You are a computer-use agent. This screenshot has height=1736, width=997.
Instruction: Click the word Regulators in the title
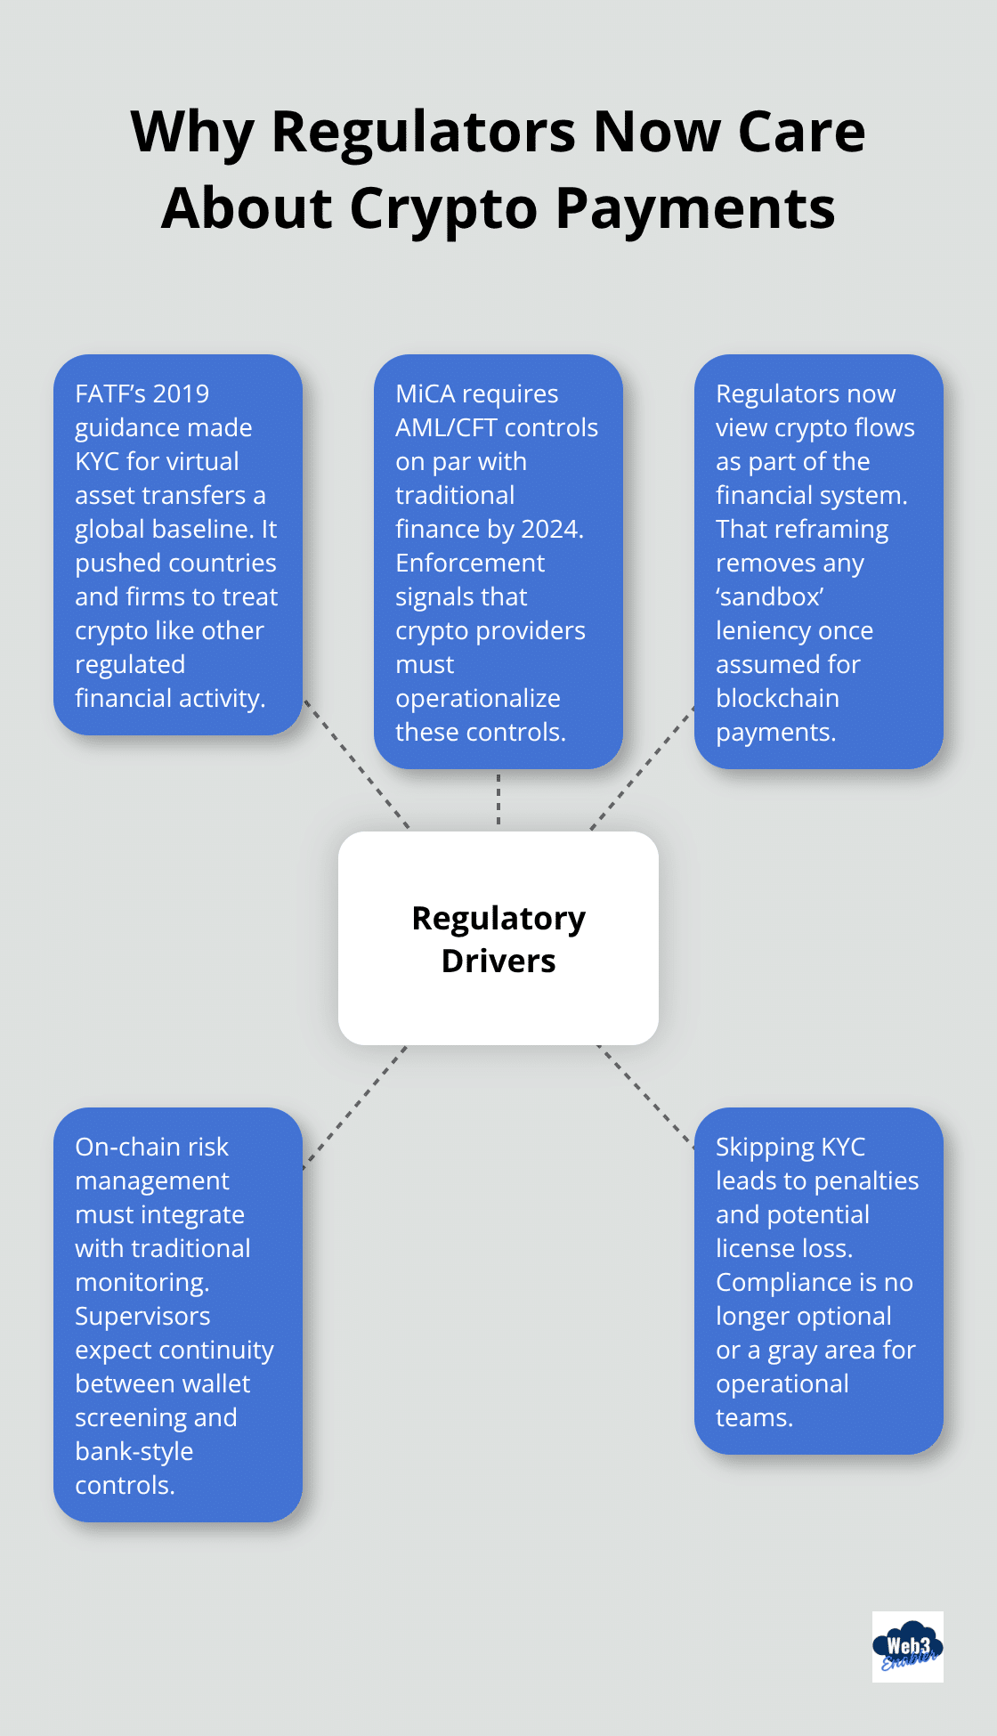[x=423, y=132]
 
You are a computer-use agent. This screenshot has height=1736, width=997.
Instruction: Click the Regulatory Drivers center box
[x=498, y=938]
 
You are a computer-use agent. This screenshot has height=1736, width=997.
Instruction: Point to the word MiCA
[x=426, y=393]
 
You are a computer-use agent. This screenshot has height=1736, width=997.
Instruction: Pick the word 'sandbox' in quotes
[x=770, y=596]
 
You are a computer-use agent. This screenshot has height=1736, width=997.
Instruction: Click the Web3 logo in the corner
[x=907, y=1646]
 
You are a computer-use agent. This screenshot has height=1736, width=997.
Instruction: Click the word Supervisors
[x=142, y=1316]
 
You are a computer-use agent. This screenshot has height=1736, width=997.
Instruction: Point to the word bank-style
[x=134, y=1451]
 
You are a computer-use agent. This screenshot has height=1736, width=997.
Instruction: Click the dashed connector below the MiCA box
[x=498, y=799]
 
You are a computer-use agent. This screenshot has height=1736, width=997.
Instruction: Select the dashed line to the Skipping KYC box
[x=645, y=1096]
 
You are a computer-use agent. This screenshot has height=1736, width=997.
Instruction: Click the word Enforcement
[x=470, y=563]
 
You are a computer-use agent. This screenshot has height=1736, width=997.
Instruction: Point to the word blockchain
[x=777, y=698]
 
